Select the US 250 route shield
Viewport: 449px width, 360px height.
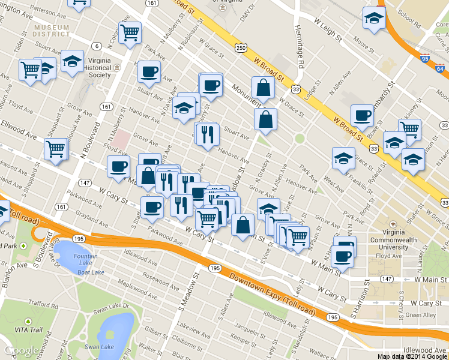(x=241, y=47)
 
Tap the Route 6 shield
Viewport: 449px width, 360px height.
(x=95, y=46)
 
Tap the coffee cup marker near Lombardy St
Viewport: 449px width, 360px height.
(x=362, y=114)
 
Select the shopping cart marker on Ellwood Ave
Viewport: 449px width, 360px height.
(x=56, y=148)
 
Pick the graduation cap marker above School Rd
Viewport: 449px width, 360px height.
(x=373, y=18)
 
